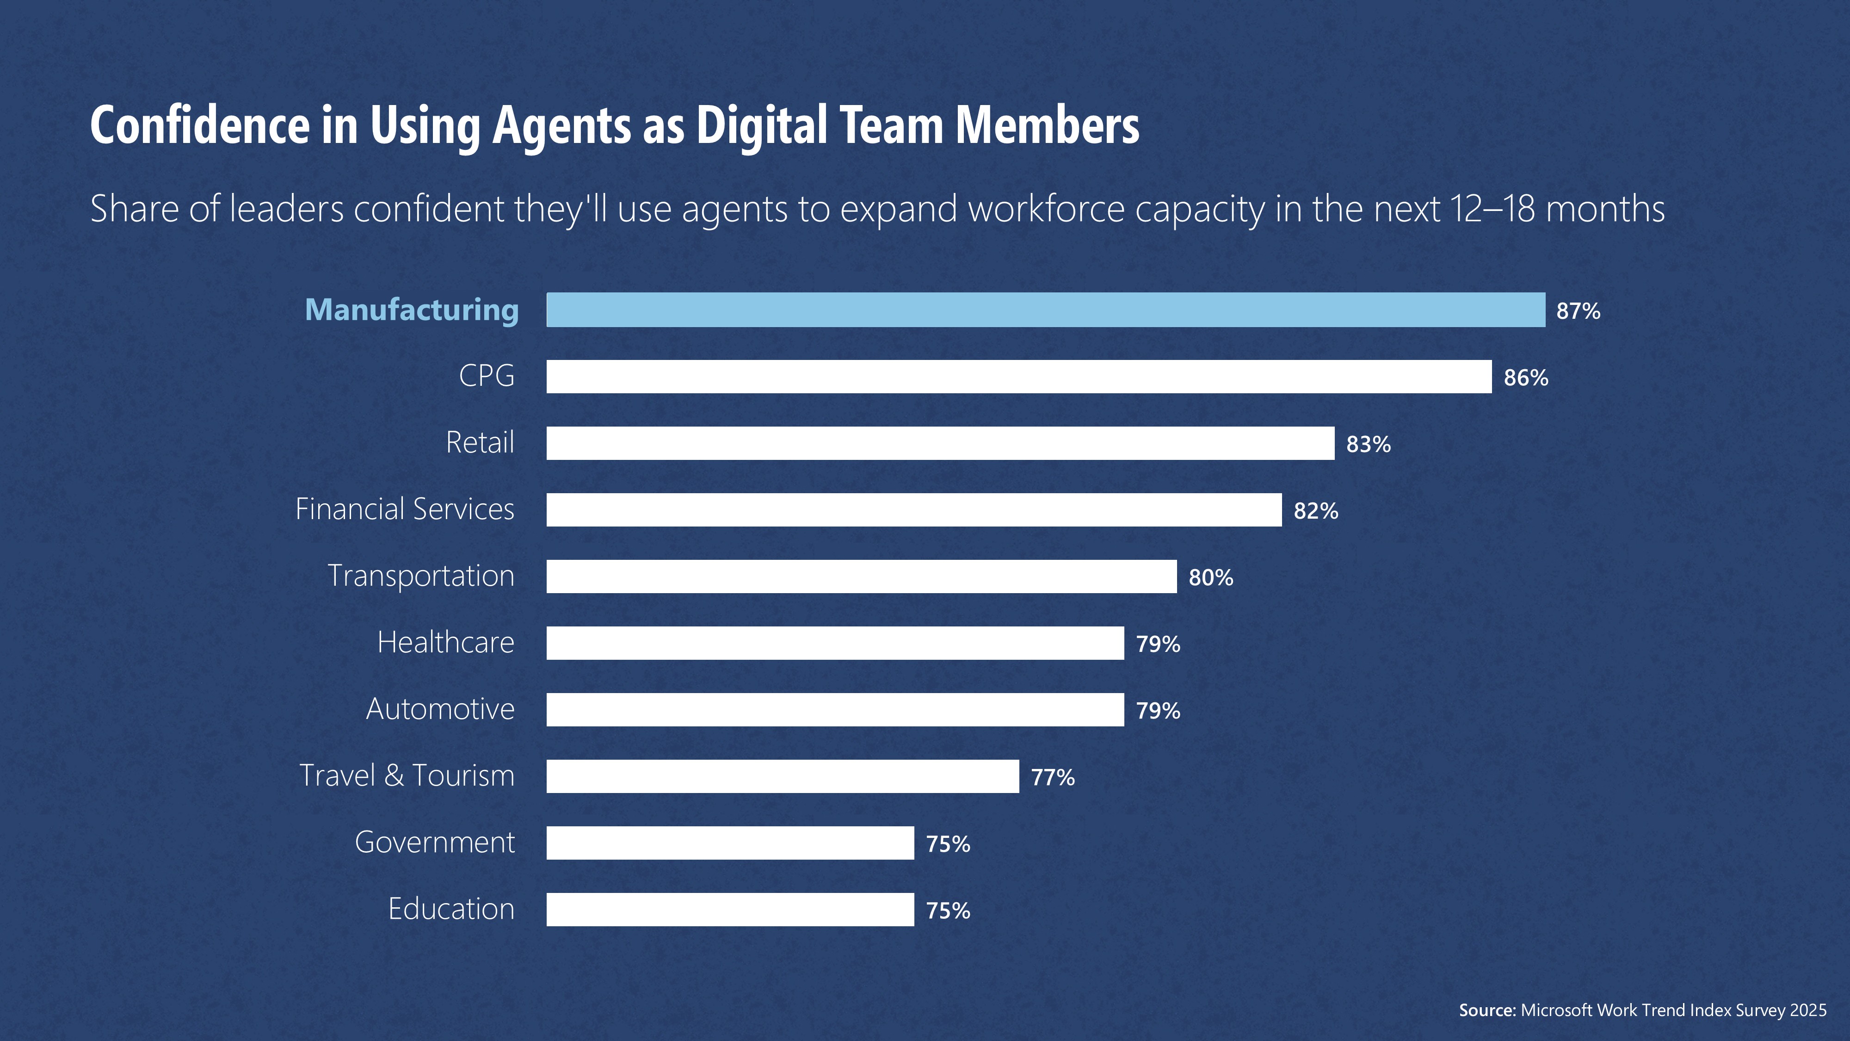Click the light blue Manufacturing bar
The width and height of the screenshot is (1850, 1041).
(1046, 310)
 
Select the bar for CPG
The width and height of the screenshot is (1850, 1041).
(1018, 377)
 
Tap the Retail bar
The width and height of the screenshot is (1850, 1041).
(940, 443)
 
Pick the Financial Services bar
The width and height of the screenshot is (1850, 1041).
(913, 509)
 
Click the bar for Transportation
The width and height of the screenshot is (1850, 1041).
(861, 576)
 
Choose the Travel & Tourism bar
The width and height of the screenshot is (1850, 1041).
(782, 776)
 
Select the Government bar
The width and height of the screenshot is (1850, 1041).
(730, 843)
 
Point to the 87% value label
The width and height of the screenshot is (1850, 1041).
(1578, 311)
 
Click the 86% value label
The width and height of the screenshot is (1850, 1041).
(1525, 378)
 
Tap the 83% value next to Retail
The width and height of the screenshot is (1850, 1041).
(1368, 445)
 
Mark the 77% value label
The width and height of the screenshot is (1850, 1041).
(1053, 777)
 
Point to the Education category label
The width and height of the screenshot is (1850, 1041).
(451, 909)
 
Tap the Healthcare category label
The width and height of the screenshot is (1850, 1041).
(445, 642)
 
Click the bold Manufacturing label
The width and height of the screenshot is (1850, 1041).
(412, 310)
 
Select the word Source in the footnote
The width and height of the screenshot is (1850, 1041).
(1486, 1010)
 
